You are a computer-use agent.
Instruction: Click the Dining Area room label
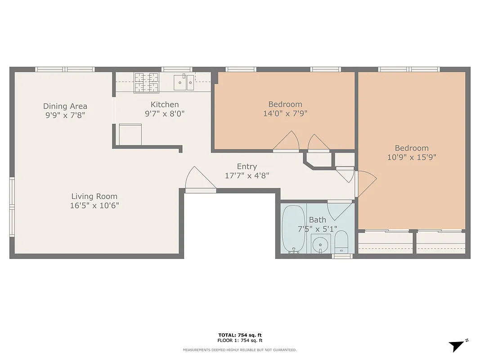65,106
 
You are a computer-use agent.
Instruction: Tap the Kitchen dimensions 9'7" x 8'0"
165,114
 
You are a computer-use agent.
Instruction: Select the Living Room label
94,196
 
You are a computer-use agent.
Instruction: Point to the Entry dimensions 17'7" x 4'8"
247,175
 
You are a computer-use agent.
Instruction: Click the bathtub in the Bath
293,229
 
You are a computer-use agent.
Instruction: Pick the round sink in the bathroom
321,244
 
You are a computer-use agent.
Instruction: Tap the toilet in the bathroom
341,243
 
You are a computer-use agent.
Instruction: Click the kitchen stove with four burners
147,82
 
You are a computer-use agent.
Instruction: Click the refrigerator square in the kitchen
130,135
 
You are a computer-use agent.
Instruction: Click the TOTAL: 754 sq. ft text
240,335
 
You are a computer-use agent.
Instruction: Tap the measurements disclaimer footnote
240,350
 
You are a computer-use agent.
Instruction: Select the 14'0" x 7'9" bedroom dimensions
285,114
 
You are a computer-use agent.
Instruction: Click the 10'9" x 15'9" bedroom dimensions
412,157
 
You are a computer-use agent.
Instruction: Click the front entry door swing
200,180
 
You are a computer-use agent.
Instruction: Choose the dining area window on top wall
65,69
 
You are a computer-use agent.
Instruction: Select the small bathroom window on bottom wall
342,256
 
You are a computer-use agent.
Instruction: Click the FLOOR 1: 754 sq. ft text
240,340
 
